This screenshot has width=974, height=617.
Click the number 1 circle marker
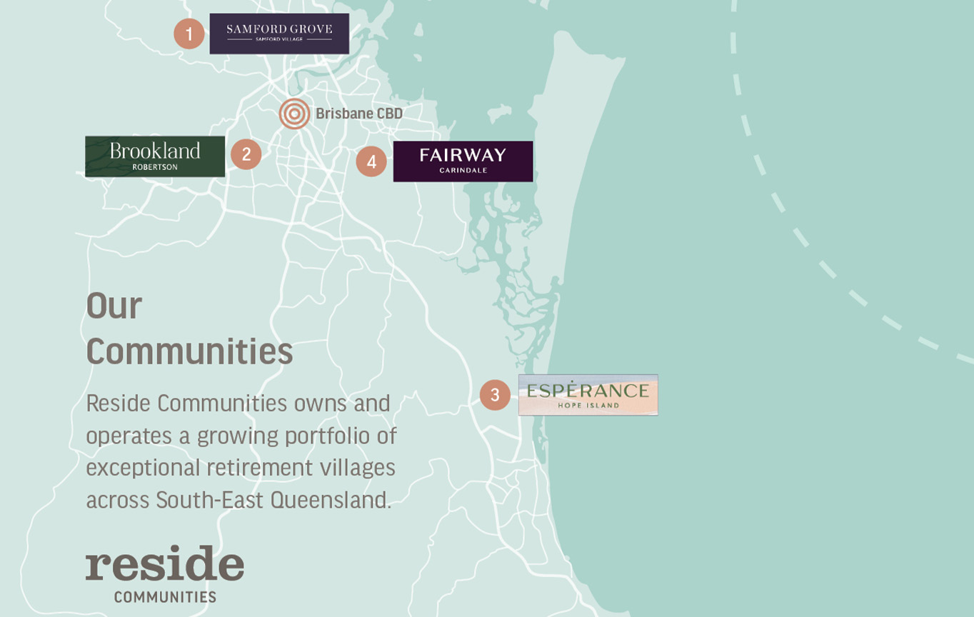click(x=189, y=34)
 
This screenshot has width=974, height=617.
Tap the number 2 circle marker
click(x=246, y=154)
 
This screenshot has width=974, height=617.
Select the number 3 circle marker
click(x=495, y=395)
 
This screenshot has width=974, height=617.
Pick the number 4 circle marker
click(x=371, y=161)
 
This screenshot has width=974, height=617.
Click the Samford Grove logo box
click(x=279, y=33)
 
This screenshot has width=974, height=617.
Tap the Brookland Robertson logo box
click(x=155, y=156)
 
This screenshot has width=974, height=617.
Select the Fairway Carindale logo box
click(x=463, y=161)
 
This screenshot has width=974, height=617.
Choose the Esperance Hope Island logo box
click(x=588, y=394)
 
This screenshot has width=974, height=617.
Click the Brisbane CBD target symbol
click(x=294, y=114)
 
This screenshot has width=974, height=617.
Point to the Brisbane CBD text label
click(x=359, y=114)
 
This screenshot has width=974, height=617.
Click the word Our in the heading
click(x=114, y=306)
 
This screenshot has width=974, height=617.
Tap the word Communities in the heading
click(x=189, y=351)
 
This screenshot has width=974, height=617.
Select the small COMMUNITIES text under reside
click(x=165, y=597)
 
